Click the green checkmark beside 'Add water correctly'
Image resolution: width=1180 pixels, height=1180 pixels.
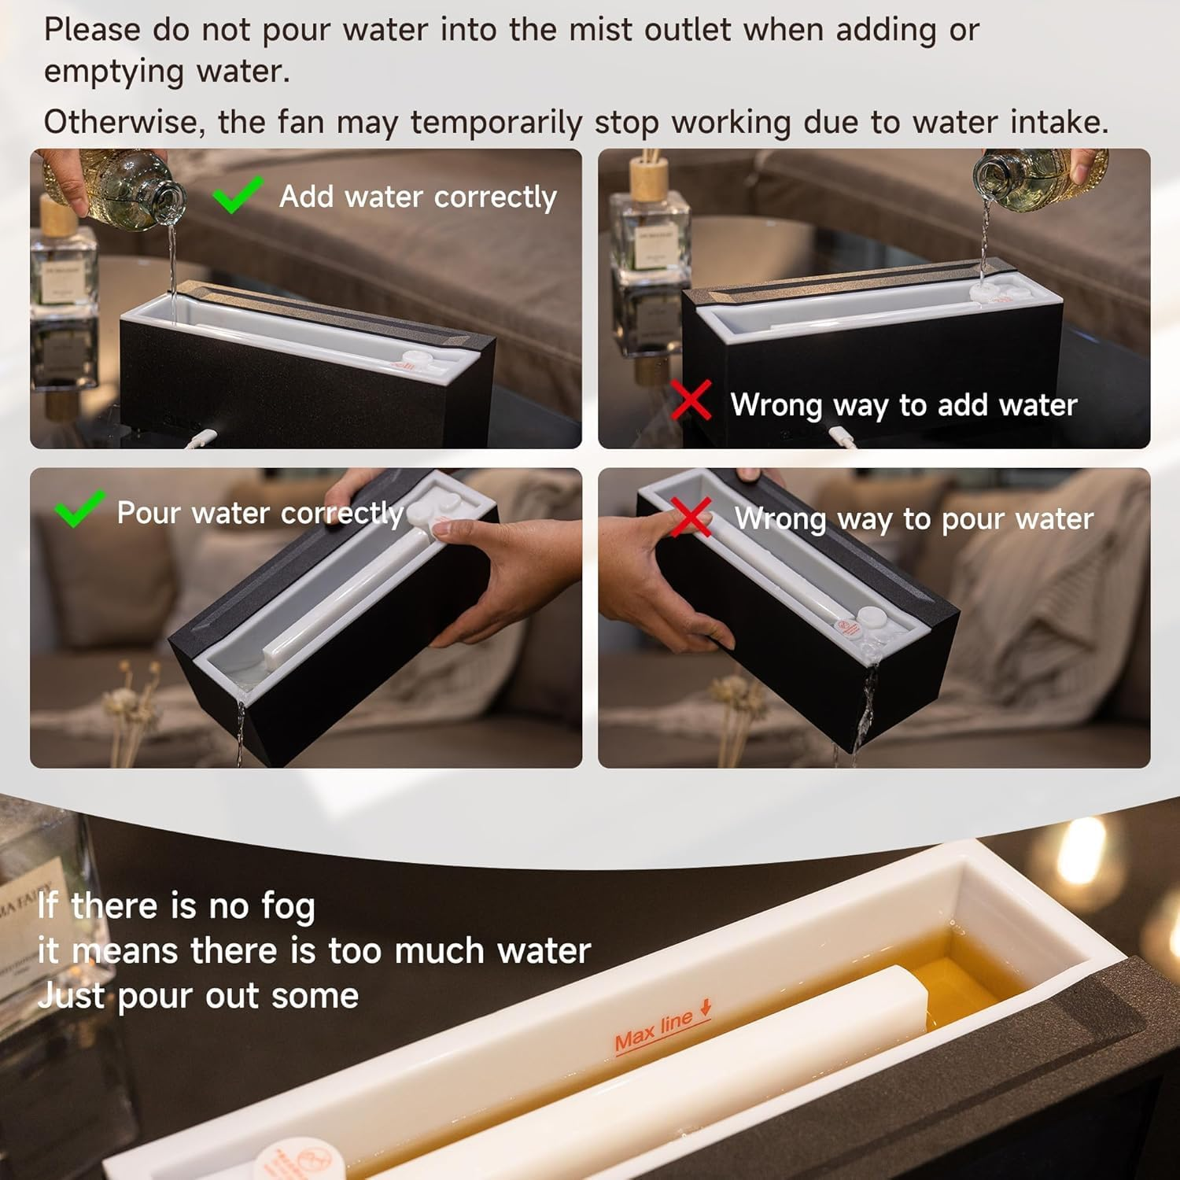click(x=237, y=195)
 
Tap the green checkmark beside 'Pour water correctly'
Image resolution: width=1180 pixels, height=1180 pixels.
click(x=79, y=508)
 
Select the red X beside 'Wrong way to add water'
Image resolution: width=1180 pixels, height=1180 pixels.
click(x=691, y=400)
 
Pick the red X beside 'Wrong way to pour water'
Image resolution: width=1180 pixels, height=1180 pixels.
click(x=690, y=517)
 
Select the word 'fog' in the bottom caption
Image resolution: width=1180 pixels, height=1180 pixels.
click(x=288, y=907)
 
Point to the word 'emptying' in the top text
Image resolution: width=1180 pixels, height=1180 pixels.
click(x=112, y=72)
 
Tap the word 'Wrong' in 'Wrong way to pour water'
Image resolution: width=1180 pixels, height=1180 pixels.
click(x=780, y=519)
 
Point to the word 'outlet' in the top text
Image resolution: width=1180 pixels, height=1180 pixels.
click(x=688, y=30)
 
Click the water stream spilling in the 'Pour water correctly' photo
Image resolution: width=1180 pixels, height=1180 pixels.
click(x=240, y=728)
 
